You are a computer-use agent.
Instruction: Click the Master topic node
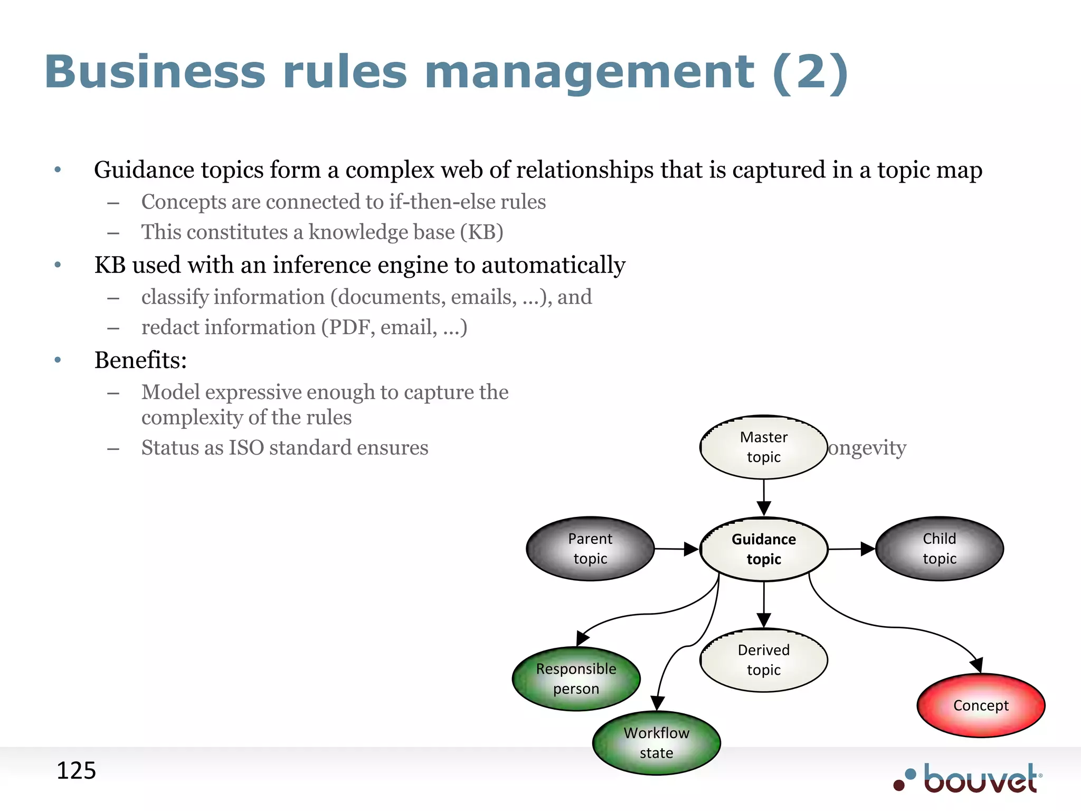pos(763,447)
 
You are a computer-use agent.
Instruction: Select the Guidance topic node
pos(763,549)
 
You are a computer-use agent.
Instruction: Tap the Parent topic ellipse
pos(590,549)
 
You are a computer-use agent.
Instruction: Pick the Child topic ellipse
pos(939,549)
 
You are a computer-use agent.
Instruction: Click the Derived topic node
pos(763,660)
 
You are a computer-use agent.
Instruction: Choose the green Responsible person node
pos(576,678)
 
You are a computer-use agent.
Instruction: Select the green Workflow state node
pos(656,743)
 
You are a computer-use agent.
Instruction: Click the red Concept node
pos(981,705)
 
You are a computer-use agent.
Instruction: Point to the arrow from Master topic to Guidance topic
pos(764,496)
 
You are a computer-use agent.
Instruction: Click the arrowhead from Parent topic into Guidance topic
pos(691,549)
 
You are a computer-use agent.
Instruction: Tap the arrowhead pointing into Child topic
pos(867,549)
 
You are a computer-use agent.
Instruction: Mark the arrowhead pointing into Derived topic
pos(764,620)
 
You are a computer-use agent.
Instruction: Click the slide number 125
pos(76,771)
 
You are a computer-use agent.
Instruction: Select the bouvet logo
pos(969,778)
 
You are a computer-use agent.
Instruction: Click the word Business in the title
pos(155,72)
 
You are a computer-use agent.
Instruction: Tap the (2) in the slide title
pos(810,72)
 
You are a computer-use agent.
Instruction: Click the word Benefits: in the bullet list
pos(140,360)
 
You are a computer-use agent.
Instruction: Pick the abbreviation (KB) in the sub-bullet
pos(481,232)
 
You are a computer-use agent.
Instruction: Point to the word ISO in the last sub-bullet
pos(246,448)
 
